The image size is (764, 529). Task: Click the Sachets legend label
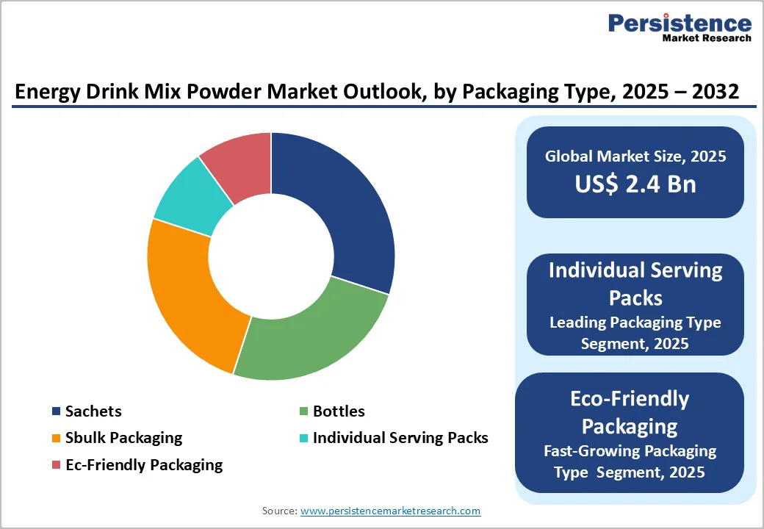pyautogui.click(x=93, y=411)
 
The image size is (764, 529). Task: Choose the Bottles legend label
pyautogui.click(x=339, y=411)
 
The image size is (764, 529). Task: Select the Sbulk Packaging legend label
pyautogui.click(x=123, y=438)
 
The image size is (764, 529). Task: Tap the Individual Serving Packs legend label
pyautogui.click(x=400, y=438)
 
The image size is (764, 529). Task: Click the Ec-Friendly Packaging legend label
pyautogui.click(x=143, y=464)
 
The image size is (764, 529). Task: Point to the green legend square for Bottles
pyautogui.click(x=303, y=411)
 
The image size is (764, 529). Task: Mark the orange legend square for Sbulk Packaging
pyautogui.click(x=56, y=439)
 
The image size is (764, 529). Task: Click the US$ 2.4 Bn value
pyautogui.click(x=635, y=184)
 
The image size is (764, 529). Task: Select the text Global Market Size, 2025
pyautogui.click(x=635, y=156)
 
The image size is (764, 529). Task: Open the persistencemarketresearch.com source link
pyautogui.click(x=391, y=511)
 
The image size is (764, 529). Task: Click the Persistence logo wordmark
pyautogui.click(x=680, y=24)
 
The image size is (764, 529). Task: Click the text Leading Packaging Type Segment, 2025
pyautogui.click(x=635, y=332)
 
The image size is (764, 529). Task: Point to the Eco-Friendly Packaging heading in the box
pyautogui.click(x=630, y=412)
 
